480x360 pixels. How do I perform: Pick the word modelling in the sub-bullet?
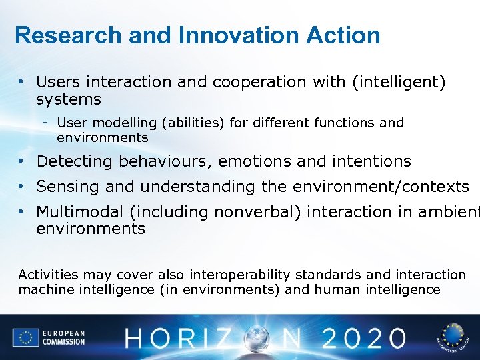point(120,123)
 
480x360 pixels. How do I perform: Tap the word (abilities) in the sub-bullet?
point(189,123)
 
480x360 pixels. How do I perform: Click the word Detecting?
point(75,161)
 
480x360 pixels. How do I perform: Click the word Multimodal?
point(80,212)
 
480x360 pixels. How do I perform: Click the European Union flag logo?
point(25,337)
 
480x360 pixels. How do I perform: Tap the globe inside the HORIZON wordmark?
point(256,338)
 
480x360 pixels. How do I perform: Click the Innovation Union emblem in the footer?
point(453,337)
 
